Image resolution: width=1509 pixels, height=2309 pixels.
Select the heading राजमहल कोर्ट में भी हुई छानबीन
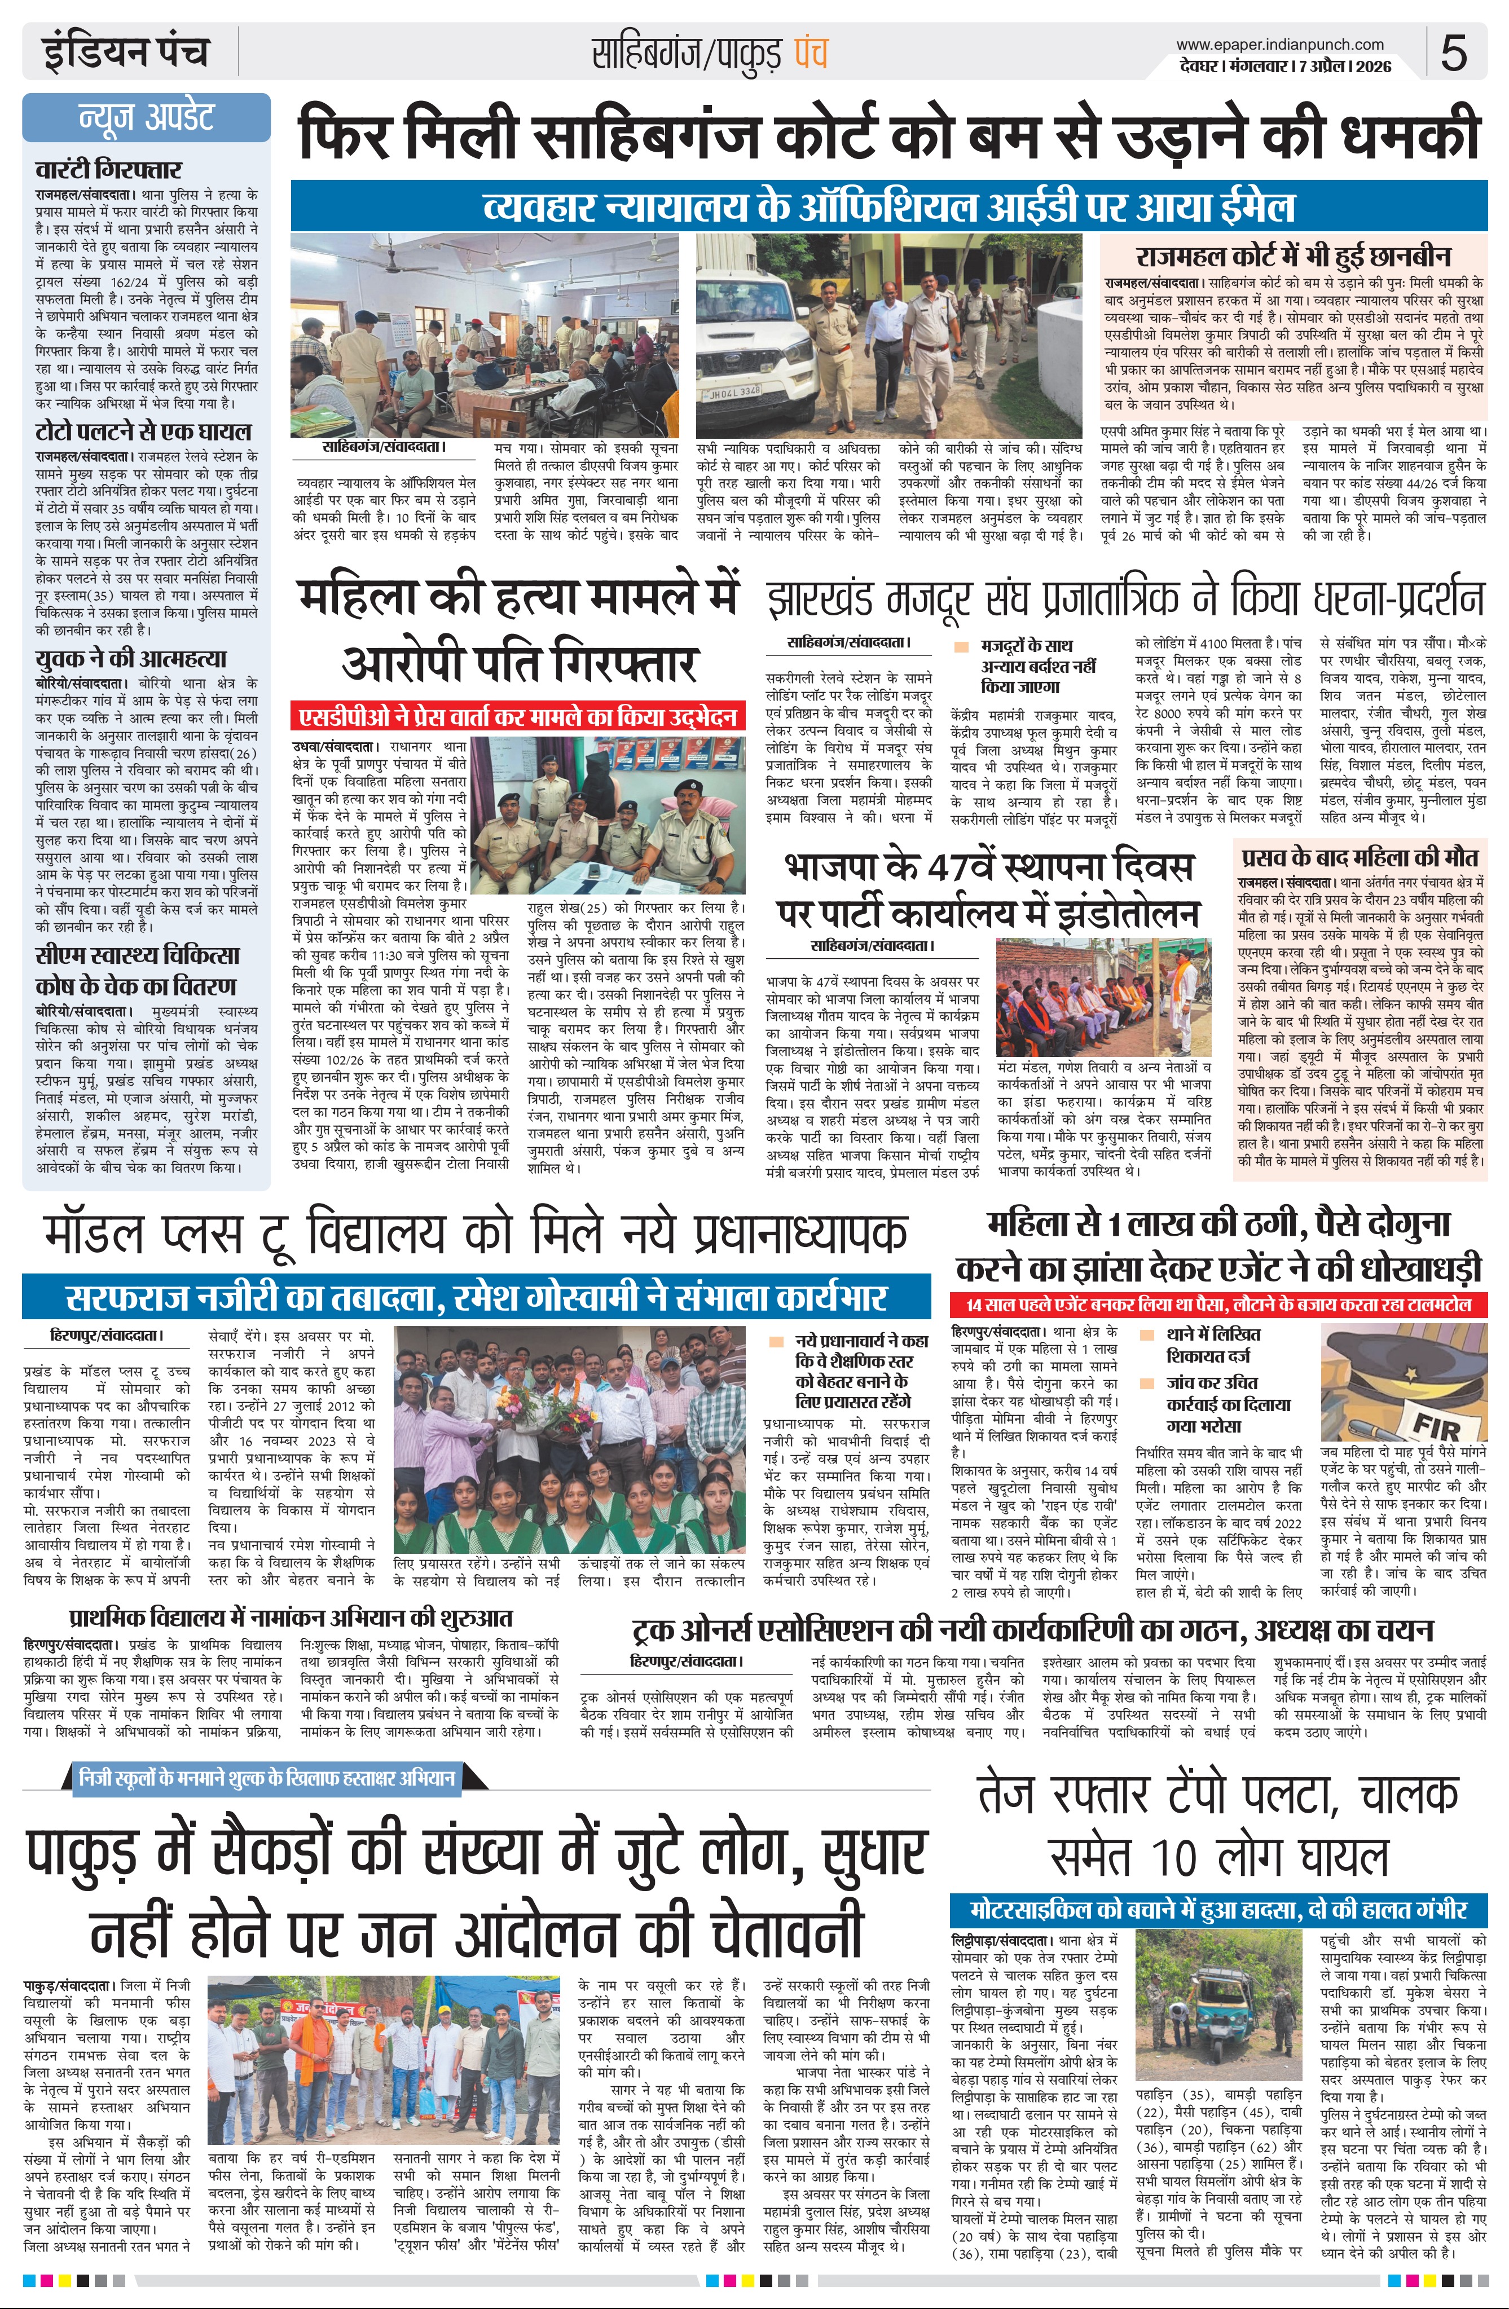[1294, 256]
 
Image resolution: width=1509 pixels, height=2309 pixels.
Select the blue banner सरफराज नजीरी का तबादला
[477, 1298]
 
